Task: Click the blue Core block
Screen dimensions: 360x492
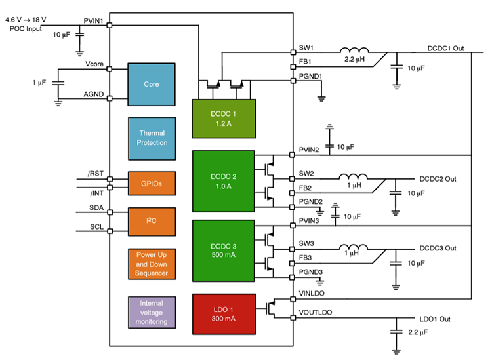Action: (x=152, y=84)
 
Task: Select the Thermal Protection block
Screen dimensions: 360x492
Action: (x=152, y=138)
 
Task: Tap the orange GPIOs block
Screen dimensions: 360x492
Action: (x=152, y=183)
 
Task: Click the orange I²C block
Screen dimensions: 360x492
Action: (x=152, y=222)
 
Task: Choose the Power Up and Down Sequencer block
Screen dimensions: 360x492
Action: (x=152, y=264)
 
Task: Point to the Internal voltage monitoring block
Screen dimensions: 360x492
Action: (x=152, y=312)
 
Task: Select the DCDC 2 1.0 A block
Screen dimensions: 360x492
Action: (x=222, y=181)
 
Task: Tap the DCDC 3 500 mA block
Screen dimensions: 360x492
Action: (x=222, y=249)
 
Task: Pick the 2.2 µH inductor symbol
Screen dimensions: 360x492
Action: (x=354, y=50)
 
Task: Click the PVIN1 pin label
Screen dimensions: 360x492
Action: (x=94, y=21)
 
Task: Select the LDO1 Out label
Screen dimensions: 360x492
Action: (x=435, y=319)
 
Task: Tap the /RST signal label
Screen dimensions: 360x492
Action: (x=95, y=174)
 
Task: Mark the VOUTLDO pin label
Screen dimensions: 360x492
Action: (x=316, y=313)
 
